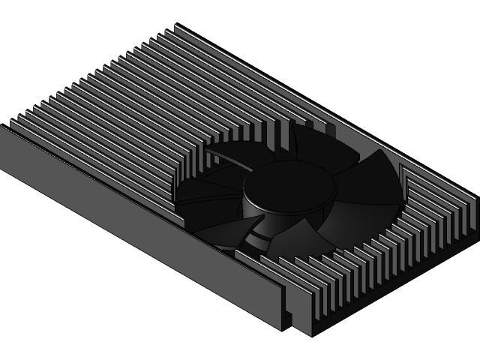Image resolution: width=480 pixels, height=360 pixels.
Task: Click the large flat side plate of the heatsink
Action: [x=135, y=225]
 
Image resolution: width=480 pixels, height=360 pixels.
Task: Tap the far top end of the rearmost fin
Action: [x=178, y=28]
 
